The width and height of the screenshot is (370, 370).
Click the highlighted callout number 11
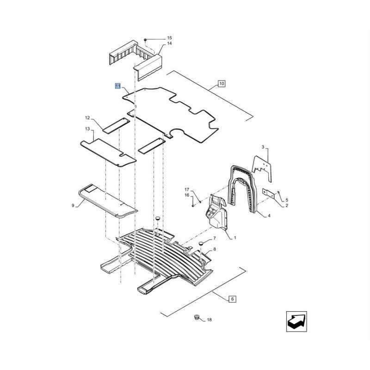tap(118, 86)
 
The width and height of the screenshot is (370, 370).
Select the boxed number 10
tap(222, 84)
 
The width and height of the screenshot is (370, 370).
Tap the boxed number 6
tap(233, 299)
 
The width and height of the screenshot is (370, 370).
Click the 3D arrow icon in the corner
tap(296, 321)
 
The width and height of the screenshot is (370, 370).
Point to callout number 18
tap(210, 320)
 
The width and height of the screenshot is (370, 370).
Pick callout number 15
tap(169, 38)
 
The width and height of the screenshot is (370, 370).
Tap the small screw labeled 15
tap(146, 40)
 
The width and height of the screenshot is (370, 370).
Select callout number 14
tap(169, 43)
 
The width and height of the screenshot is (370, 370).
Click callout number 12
tap(87, 118)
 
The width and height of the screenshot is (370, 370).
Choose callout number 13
tap(87, 129)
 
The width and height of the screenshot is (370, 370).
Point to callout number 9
tap(73, 205)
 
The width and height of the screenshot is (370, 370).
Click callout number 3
tap(263, 147)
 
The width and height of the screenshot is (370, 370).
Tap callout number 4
tap(269, 216)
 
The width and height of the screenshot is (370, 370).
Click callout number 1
tap(235, 238)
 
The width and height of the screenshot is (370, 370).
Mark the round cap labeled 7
tap(201, 243)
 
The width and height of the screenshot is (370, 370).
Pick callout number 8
tap(214, 249)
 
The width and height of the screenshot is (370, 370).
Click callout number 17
tap(187, 190)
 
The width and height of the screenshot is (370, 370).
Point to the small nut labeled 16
tap(193, 206)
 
